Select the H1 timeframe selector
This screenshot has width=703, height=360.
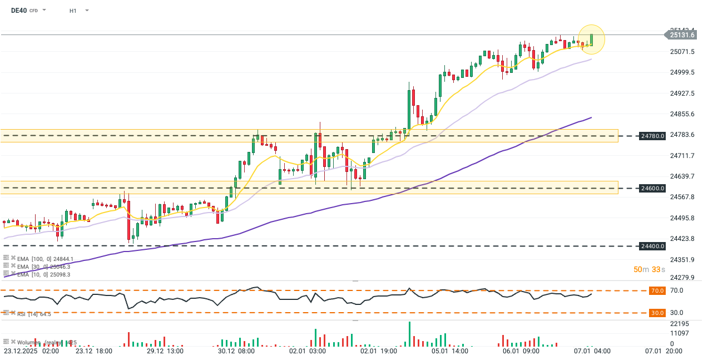tap(73, 11)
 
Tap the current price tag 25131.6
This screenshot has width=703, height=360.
tap(681, 35)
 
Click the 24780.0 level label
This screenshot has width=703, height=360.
tap(653, 136)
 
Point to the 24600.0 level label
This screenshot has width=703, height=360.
tap(653, 189)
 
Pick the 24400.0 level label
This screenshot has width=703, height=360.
tap(653, 246)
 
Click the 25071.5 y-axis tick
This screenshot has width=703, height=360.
tap(682, 52)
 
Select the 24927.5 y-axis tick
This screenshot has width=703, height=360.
tap(682, 93)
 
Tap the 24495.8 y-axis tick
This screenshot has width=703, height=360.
tap(682, 218)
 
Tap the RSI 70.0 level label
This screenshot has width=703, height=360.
tap(657, 290)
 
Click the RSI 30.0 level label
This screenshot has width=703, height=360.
tap(657, 313)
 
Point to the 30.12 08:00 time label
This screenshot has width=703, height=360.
tap(236, 352)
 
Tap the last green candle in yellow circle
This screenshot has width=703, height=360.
tap(592, 40)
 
